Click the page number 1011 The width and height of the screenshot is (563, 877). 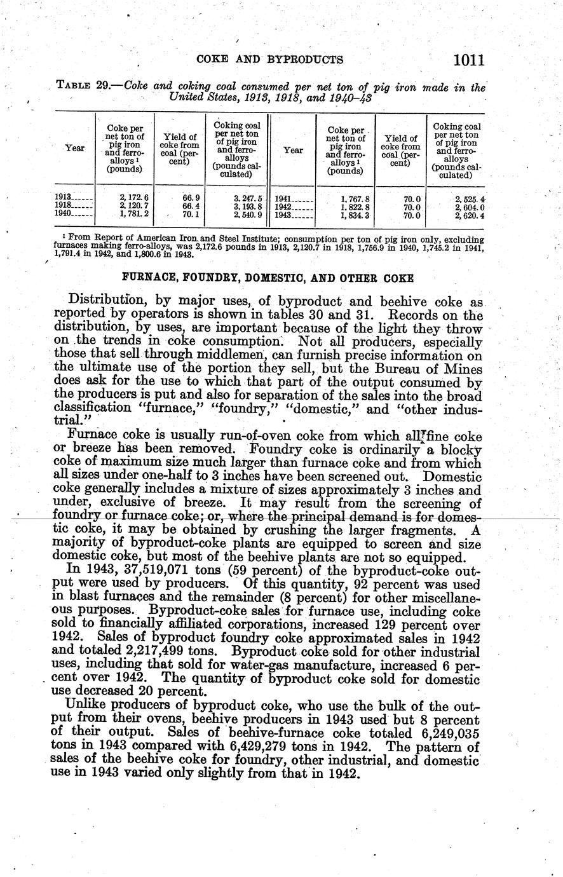coord(470,60)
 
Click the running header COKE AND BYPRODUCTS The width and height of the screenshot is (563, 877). coord(270,60)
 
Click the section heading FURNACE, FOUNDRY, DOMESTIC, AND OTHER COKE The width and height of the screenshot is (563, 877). coord(268,278)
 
